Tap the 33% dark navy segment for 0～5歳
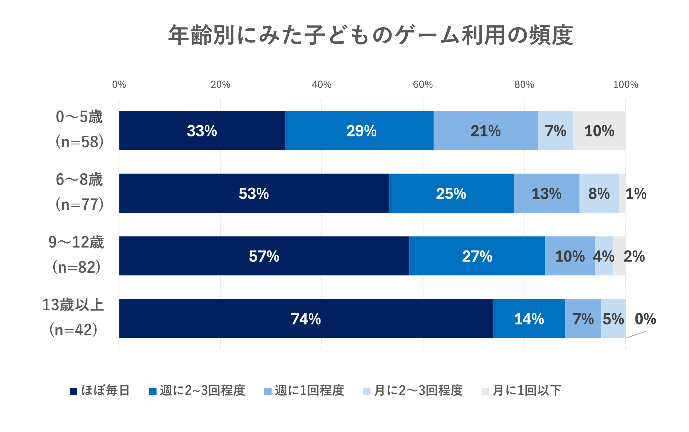pyautogui.click(x=202, y=130)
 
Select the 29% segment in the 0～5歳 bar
pyautogui.click(x=359, y=130)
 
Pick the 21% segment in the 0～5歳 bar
pyautogui.click(x=485, y=130)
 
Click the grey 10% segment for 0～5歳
pyautogui.click(x=599, y=130)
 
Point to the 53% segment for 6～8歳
pyautogui.click(x=254, y=193)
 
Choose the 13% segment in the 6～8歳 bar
pyautogui.click(x=546, y=193)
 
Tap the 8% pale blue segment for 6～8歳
pyautogui.click(x=599, y=193)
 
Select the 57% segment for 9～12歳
pyautogui.click(x=264, y=256)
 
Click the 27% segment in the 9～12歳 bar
pyautogui.click(x=477, y=256)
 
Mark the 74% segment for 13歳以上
pyautogui.click(x=306, y=318)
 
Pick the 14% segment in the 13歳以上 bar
pyautogui.click(x=529, y=318)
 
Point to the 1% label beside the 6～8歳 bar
pyautogui.click(x=636, y=194)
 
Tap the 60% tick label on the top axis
pyautogui.click(x=422, y=85)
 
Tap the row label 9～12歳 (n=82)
pyautogui.click(x=76, y=255)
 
